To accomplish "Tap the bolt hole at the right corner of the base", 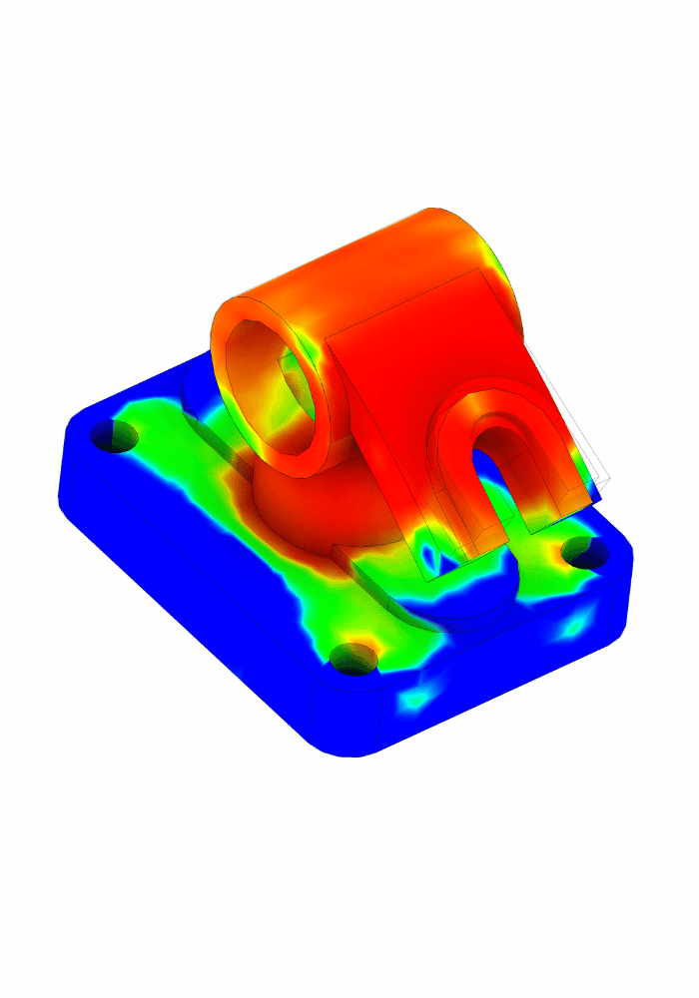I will [x=588, y=551].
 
